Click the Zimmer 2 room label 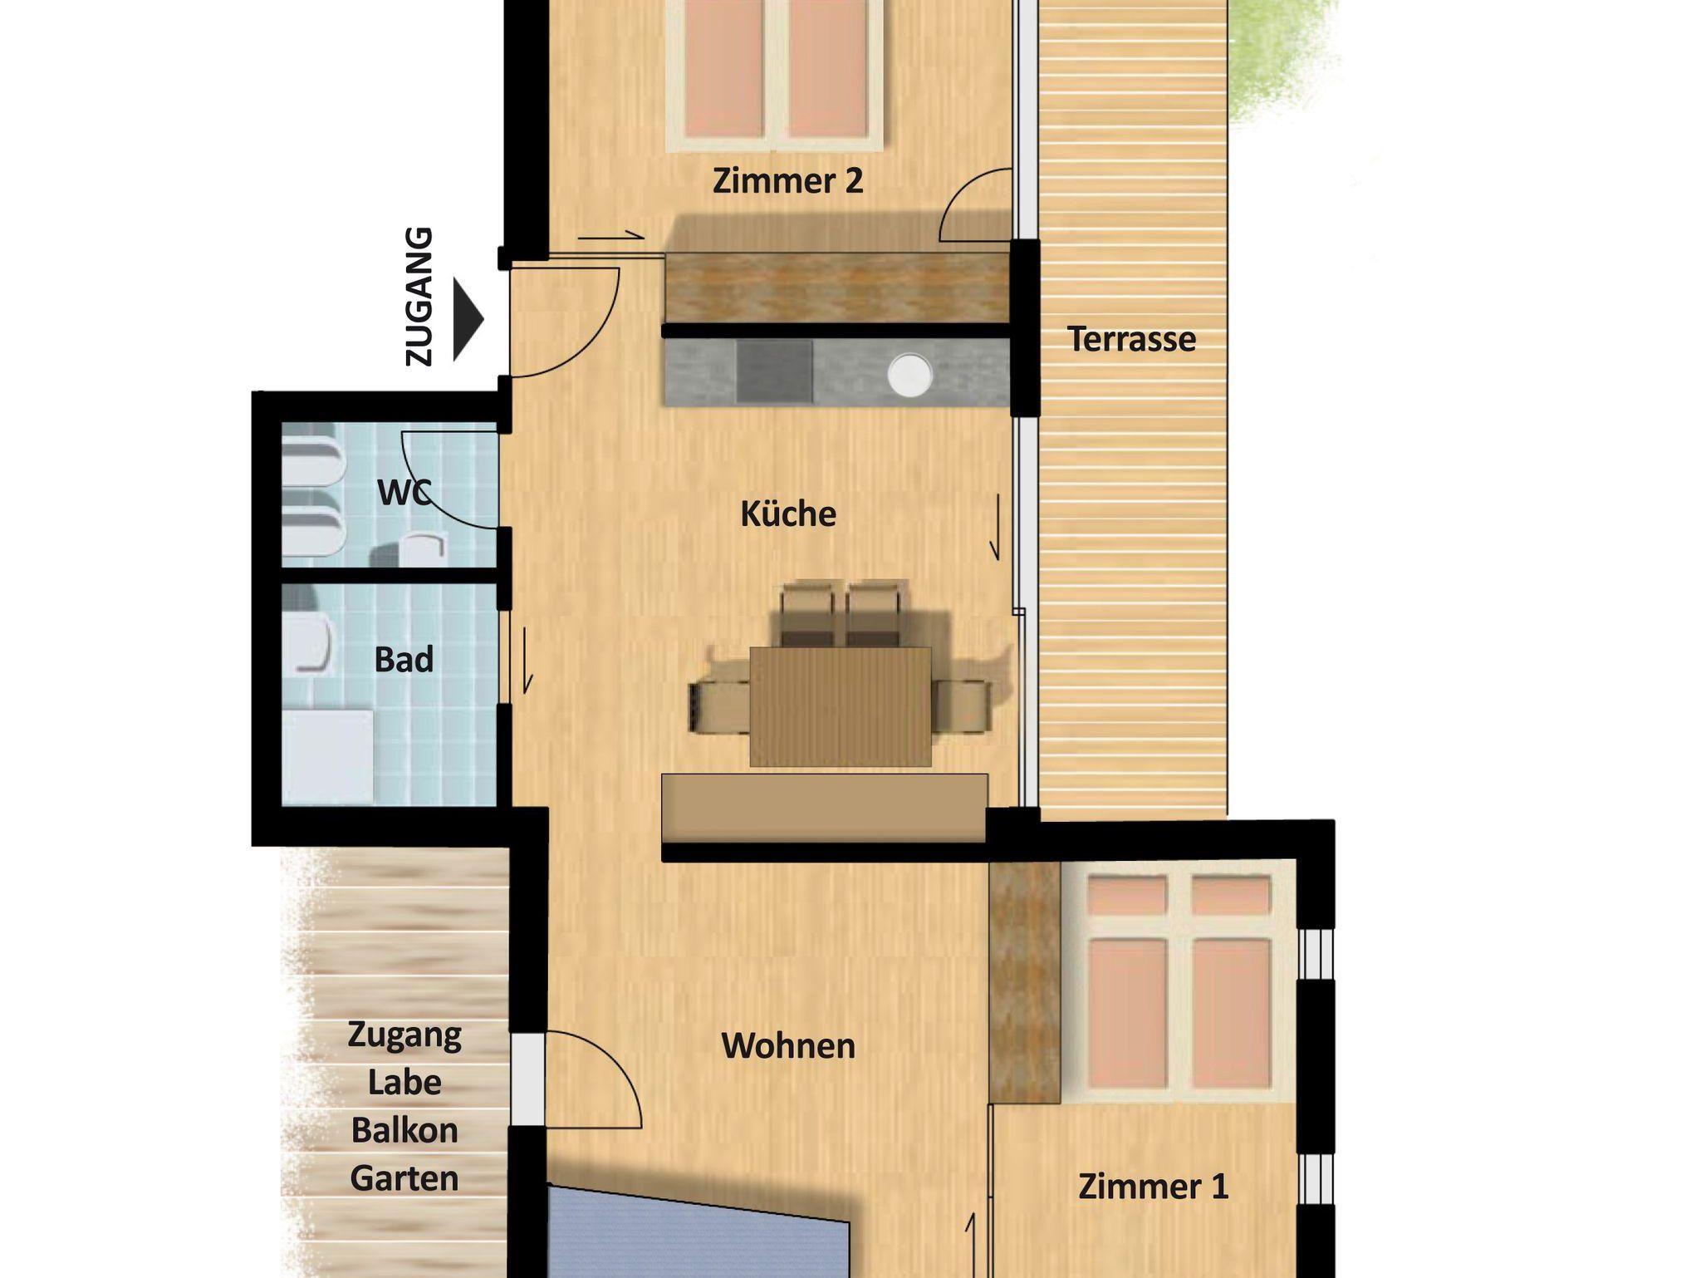pyautogui.click(x=787, y=180)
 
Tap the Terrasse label pyautogui.click(x=1131, y=339)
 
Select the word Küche pyautogui.click(x=788, y=514)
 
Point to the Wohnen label pyautogui.click(x=788, y=1045)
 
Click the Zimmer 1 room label pyautogui.click(x=1153, y=1186)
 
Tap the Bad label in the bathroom pyautogui.click(x=404, y=659)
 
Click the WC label pyautogui.click(x=404, y=492)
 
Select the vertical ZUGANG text pyautogui.click(x=419, y=297)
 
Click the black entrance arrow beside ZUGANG pyautogui.click(x=468, y=320)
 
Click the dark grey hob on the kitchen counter pyautogui.click(x=774, y=371)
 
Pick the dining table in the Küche pyautogui.click(x=841, y=706)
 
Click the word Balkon pyautogui.click(x=404, y=1130)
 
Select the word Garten pyautogui.click(x=404, y=1177)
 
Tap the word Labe pyautogui.click(x=404, y=1082)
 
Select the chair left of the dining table pyautogui.click(x=719, y=706)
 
